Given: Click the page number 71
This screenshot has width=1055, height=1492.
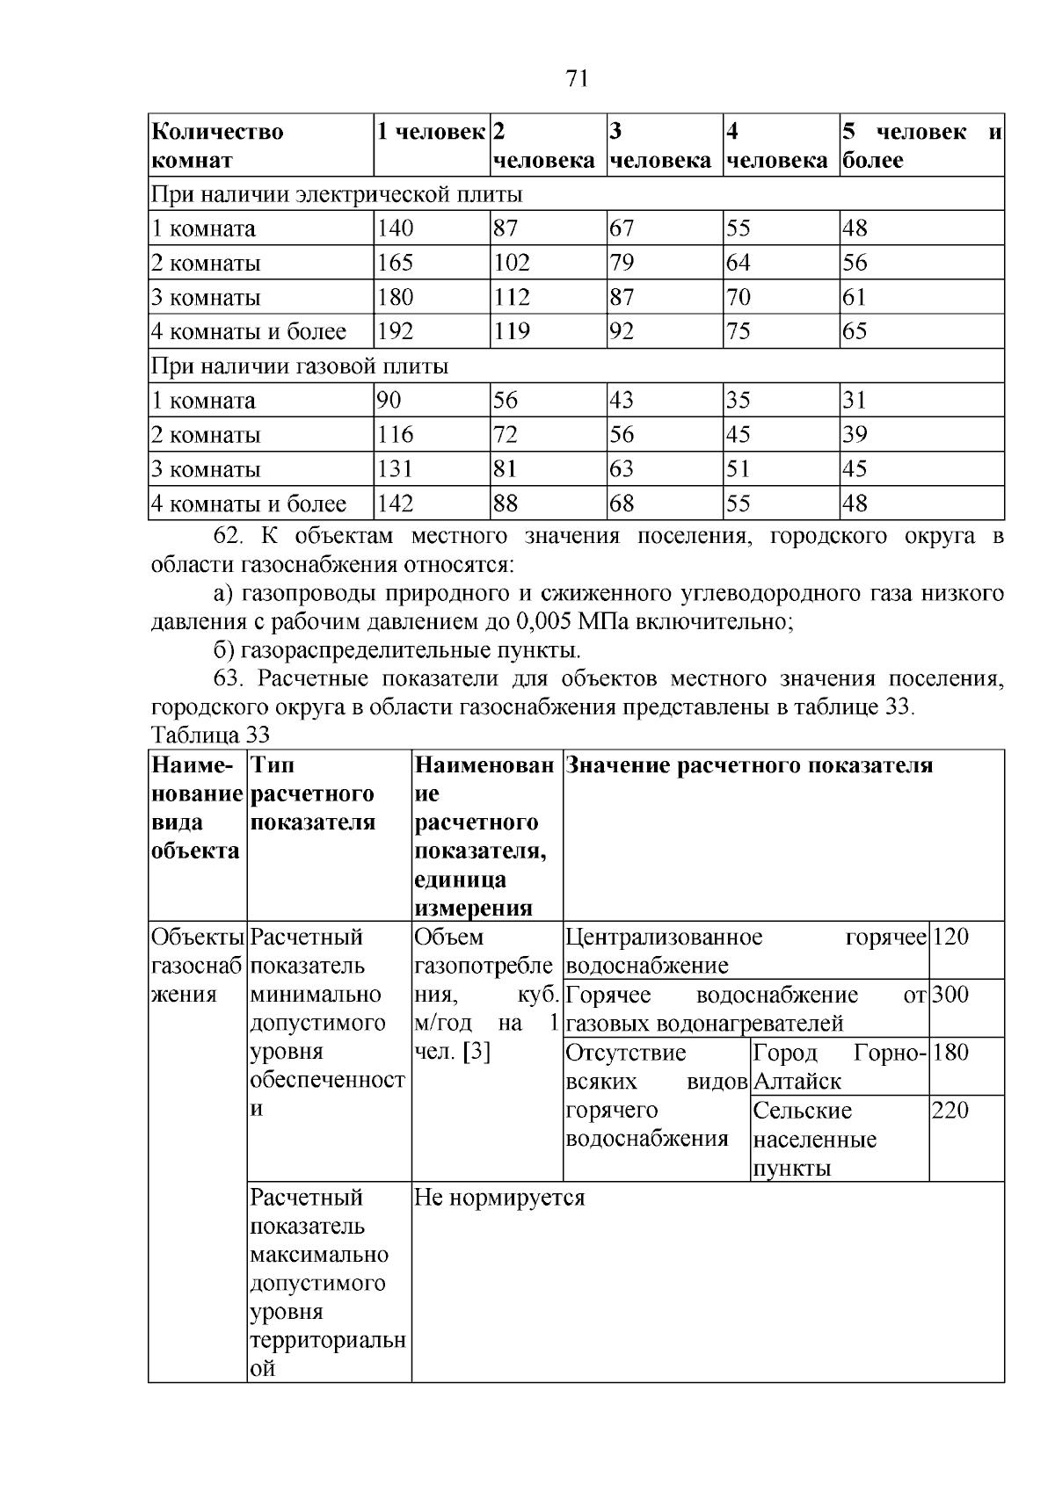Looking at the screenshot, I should coord(577,79).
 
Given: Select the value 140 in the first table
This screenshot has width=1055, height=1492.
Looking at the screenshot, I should coord(395,228).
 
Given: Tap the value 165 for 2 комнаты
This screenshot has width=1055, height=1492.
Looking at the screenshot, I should coord(395,263).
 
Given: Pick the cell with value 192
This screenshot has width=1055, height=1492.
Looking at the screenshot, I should coord(395,331).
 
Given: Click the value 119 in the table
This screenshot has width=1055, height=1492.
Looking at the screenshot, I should coord(512,331).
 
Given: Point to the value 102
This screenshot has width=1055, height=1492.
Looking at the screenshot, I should coord(512,263).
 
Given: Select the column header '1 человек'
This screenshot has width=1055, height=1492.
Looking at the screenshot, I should coord(431,132).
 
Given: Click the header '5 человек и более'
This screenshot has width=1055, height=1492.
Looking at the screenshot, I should coord(921,146).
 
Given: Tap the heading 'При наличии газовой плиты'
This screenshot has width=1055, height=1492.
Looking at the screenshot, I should coord(300,366).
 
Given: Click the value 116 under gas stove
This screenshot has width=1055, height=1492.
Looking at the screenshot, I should coord(395,435).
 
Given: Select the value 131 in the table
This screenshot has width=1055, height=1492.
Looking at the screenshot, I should coord(395,469).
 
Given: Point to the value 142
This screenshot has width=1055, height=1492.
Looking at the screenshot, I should coord(395,503).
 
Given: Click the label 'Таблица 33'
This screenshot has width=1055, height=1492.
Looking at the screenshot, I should coord(210,735).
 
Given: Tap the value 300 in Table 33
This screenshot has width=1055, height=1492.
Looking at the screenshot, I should coord(950,995).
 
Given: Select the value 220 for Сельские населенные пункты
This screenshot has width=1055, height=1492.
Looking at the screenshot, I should coord(950,1111).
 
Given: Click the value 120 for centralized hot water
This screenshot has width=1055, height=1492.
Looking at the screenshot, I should coord(950,937).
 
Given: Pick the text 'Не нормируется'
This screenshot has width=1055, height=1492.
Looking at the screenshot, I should coord(499,1198).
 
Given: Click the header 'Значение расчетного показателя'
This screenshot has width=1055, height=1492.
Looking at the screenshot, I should coord(748,765).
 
